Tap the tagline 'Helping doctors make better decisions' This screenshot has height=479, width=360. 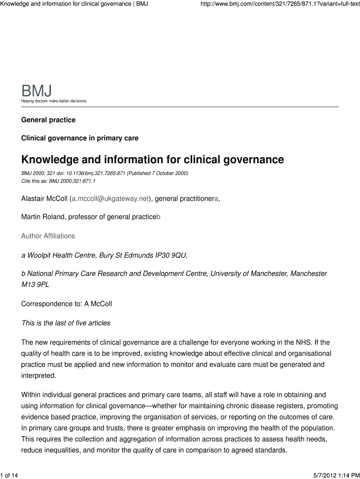[x=54, y=101]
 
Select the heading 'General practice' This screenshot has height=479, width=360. [x=48, y=120]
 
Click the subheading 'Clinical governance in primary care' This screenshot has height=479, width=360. [x=79, y=138]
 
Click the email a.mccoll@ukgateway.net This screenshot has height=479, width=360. [x=110, y=199]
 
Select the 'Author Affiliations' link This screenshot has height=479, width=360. [x=48, y=236]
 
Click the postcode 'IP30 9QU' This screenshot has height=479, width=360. [x=172, y=255]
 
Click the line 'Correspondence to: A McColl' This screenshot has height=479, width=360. [x=66, y=304]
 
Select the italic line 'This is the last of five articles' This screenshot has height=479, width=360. [x=66, y=323]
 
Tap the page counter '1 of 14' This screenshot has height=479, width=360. [x=9, y=476]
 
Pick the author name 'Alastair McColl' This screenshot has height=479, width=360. [x=44, y=199]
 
